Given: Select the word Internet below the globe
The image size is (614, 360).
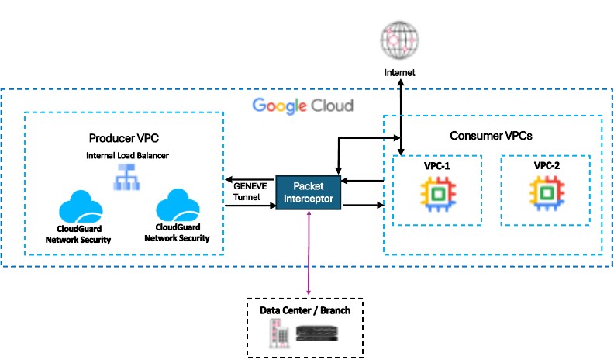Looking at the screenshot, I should (x=400, y=72).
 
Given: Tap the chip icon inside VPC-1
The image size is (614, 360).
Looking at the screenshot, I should (x=437, y=195).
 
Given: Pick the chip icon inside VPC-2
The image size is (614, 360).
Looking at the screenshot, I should (x=545, y=195).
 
